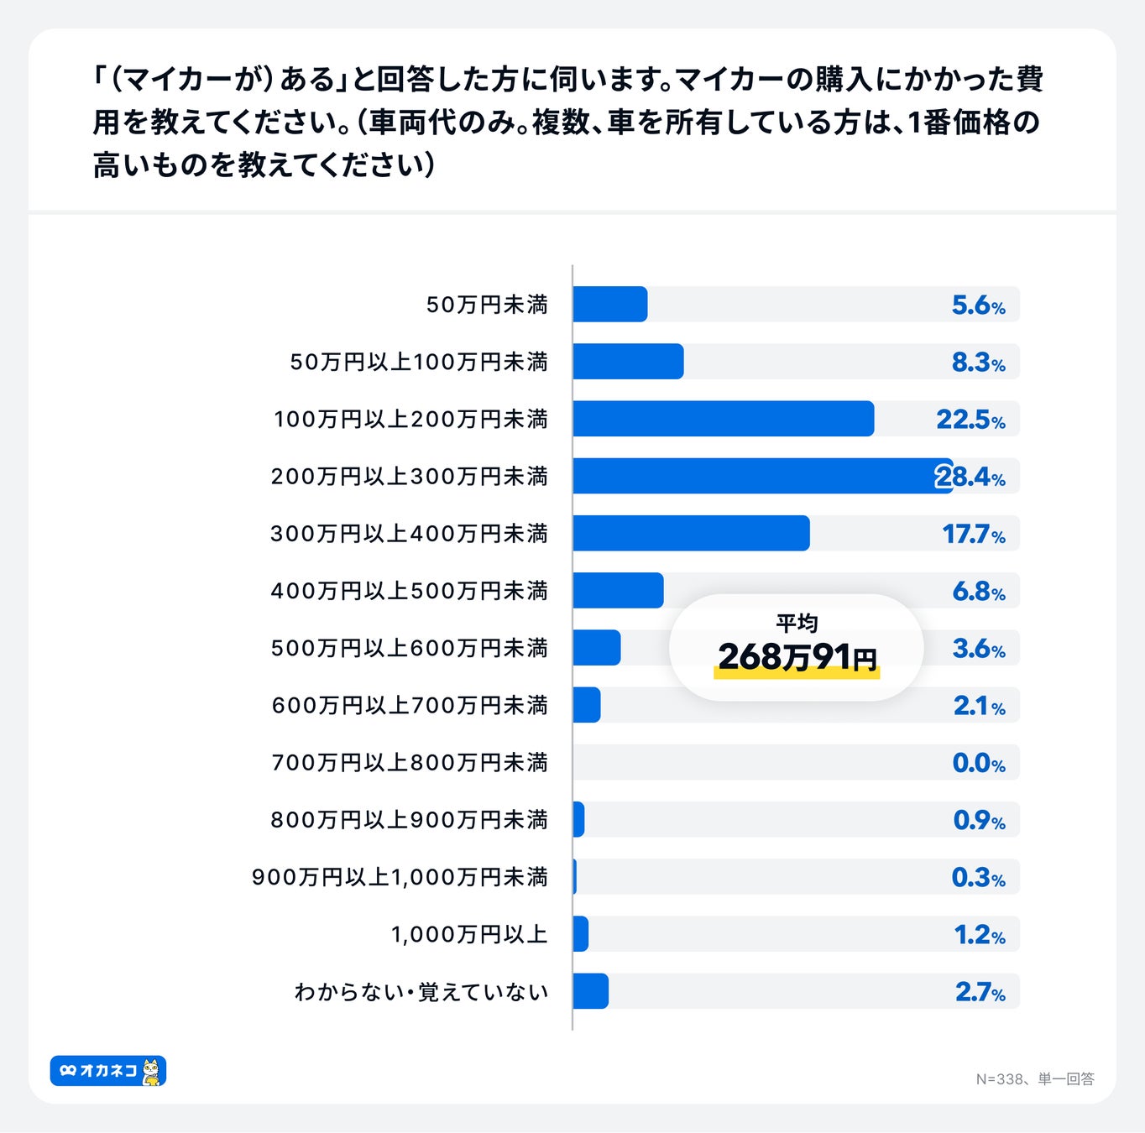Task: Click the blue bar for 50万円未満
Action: (x=610, y=304)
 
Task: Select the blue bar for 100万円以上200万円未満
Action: (x=723, y=419)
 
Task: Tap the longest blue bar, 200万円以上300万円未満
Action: (x=762, y=476)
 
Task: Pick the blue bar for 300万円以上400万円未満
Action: (x=691, y=533)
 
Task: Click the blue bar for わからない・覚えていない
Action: (x=591, y=991)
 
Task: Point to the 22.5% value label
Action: (x=970, y=419)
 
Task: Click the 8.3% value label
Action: (x=978, y=362)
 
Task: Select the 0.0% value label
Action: (x=978, y=763)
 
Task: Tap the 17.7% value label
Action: (x=973, y=534)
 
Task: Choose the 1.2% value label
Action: (x=979, y=934)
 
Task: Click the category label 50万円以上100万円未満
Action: (x=419, y=362)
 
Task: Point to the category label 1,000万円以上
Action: (x=468, y=934)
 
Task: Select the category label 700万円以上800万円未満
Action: (x=409, y=763)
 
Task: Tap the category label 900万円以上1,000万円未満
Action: (x=400, y=877)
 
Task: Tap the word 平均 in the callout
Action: (x=797, y=623)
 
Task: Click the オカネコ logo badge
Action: (x=108, y=1071)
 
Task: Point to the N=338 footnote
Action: (x=1034, y=1078)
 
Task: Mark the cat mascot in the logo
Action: (x=151, y=1072)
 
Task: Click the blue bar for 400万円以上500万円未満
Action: (x=618, y=591)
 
